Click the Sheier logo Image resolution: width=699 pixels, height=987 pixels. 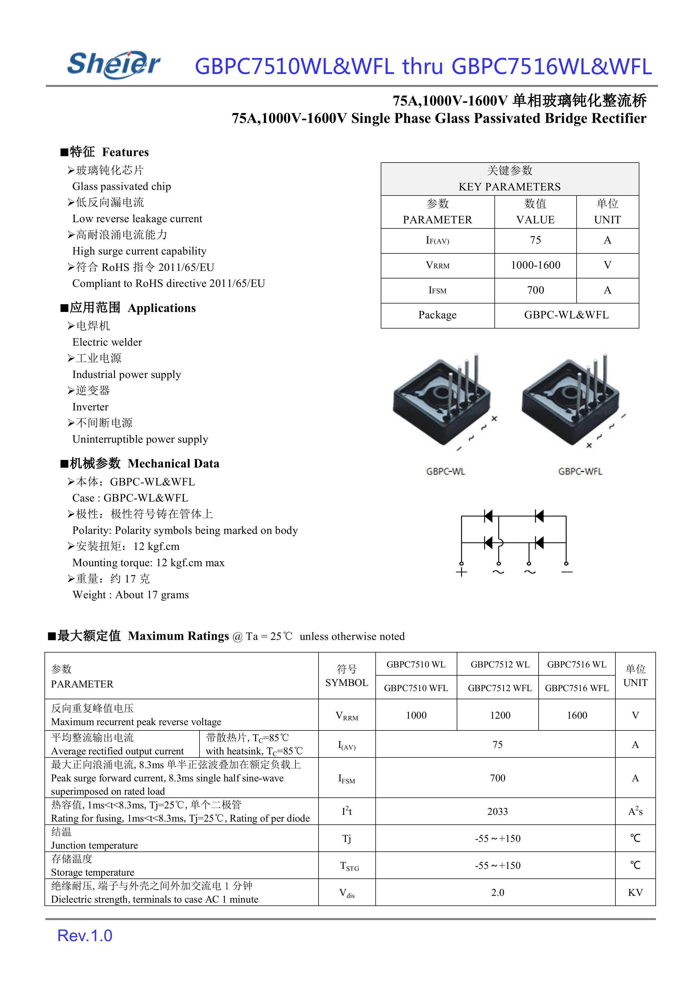114,64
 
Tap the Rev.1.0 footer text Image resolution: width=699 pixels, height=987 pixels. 85,935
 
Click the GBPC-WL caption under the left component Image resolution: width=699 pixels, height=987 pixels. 445,471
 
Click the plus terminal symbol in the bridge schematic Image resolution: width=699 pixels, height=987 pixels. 461,572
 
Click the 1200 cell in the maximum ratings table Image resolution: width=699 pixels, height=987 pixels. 500,715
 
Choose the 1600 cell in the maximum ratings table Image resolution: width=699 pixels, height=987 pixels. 577,715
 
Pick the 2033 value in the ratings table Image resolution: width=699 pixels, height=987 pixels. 497,811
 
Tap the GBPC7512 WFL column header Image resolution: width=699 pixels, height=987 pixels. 500,688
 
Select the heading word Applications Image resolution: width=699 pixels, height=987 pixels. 162,308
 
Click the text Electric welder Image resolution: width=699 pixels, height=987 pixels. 107,342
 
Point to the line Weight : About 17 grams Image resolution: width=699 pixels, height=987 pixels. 130,595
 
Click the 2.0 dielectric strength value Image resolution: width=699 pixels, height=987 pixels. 497,892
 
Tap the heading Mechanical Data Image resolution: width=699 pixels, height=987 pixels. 173,463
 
